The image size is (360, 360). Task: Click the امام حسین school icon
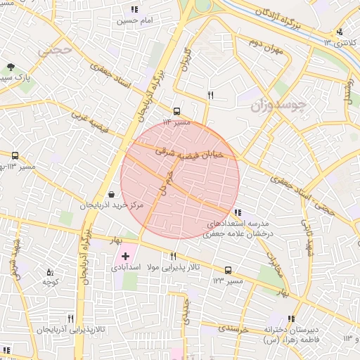click(134, 10)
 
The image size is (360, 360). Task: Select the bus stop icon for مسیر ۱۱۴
click(176, 110)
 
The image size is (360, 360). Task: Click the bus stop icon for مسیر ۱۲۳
click(227, 270)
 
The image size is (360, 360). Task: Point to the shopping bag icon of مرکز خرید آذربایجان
click(111, 195)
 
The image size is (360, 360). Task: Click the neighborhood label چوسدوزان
click(279, 105)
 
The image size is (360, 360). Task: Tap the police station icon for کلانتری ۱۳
click(340, 32)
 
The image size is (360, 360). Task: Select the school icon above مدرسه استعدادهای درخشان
click(238, 211)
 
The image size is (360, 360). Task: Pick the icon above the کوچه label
click(49, 272)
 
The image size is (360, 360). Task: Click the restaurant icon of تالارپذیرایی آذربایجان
click(70, 319)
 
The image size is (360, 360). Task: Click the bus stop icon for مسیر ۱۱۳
click(15, 155)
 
